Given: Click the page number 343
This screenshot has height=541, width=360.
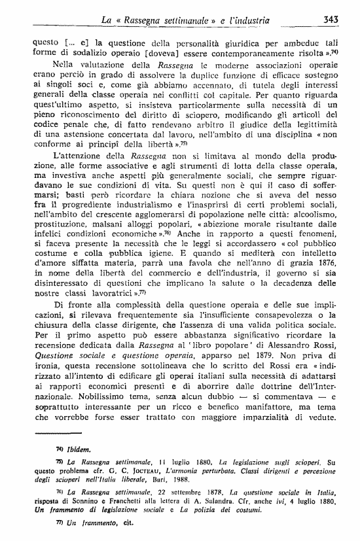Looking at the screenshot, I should pos(330,20).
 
